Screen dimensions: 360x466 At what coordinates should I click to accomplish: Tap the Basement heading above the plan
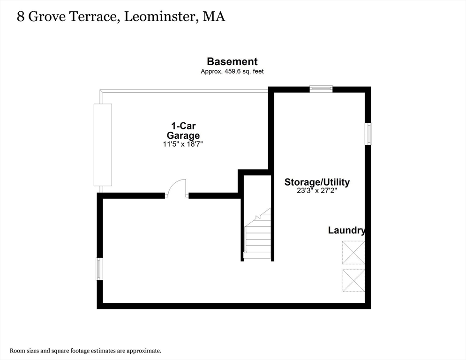232,61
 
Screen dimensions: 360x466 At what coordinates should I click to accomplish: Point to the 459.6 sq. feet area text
232,72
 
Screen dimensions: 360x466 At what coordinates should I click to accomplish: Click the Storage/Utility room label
317,182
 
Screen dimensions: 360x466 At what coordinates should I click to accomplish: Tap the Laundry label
346,230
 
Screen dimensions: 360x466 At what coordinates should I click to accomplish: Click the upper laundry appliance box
353,253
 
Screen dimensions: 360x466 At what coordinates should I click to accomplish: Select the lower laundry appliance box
353,281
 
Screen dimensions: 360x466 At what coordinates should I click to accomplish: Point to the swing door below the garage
177,188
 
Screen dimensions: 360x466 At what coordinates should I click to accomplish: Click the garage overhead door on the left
103,145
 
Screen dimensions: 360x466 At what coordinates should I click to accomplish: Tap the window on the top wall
321,89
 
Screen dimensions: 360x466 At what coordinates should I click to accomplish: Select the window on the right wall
368,134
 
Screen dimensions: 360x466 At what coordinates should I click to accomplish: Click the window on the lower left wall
99,269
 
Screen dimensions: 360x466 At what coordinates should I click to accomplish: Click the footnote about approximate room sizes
85,350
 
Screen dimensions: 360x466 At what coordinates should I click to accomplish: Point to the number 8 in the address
21,17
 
